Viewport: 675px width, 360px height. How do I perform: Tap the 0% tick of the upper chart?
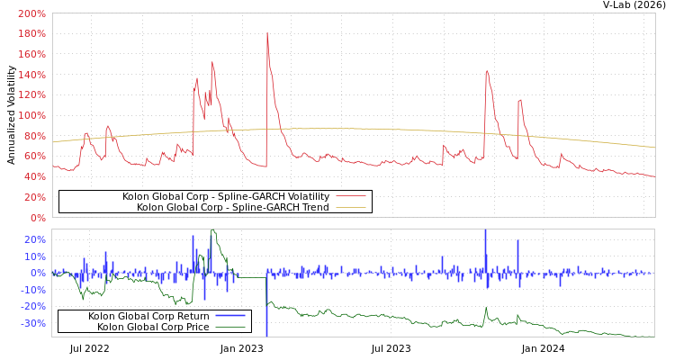[x=37, y=217]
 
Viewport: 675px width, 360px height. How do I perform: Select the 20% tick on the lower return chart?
[x=34, y=239]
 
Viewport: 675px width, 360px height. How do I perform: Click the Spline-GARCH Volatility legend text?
[x=226, y=196]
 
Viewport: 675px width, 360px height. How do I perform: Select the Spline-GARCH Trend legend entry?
[x=232, y=207]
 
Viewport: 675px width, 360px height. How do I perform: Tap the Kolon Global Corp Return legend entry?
[x=148, y=316]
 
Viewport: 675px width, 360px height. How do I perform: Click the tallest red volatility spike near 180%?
[x=267, y=33]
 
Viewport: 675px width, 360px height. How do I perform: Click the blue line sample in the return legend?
[x=230, y=316]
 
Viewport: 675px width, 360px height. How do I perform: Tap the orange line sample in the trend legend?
[x=351, y=207]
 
